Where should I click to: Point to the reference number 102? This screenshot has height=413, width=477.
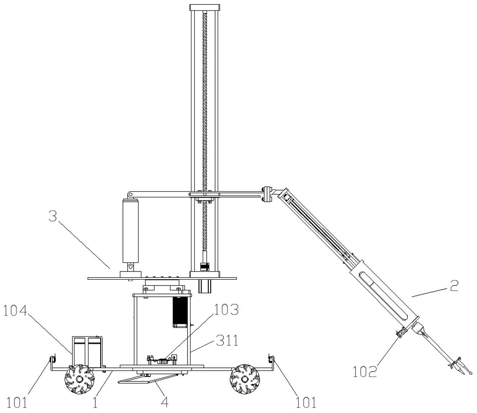tap(365, 372)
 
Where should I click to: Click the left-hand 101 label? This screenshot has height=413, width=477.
tap(17, 402)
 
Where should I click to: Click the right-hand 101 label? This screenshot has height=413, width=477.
tap(306, 402)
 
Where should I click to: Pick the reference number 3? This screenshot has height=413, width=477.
tap(53, 216)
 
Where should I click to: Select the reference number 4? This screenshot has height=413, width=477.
tap(165, 402)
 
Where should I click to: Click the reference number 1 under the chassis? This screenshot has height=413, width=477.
tap(95, 402)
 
